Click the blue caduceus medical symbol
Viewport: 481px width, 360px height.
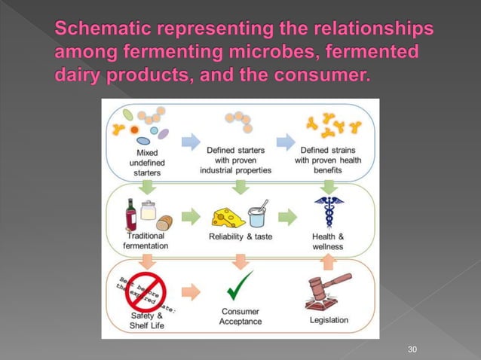[327, 213]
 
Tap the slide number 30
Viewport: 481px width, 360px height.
[412, 349]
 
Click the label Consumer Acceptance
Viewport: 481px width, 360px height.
[240, 316]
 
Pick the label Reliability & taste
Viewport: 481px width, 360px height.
[240, 237]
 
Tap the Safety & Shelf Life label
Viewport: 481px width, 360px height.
[140, 320]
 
